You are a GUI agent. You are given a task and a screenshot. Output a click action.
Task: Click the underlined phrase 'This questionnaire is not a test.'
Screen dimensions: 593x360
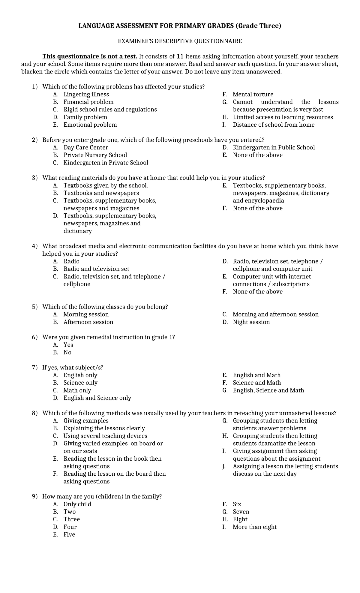90,56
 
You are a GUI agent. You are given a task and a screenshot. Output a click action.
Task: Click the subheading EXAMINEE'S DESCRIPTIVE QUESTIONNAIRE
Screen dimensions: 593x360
180,41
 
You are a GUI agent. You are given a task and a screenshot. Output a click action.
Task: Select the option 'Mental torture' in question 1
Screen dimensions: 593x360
253,94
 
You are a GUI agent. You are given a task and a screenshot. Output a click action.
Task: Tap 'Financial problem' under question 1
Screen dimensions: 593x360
88,102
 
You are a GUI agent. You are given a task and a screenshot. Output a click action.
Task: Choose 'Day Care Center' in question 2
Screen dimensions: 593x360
86,147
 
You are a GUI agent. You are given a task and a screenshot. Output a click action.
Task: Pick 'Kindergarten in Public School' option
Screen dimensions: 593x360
274,147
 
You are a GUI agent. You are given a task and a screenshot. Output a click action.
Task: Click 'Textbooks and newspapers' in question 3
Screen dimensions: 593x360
101,193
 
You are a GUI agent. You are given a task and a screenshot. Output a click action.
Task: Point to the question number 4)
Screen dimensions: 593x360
35,246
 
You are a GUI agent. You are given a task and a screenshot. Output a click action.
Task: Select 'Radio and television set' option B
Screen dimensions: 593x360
96,269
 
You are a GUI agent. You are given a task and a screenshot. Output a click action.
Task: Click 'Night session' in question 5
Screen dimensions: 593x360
251,322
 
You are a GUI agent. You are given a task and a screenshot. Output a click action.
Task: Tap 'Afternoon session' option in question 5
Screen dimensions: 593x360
88,322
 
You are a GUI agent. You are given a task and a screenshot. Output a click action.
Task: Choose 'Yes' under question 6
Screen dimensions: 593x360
68,345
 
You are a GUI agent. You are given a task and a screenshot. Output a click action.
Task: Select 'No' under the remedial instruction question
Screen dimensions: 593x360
67,352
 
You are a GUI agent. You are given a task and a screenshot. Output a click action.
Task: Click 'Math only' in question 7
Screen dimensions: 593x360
77,390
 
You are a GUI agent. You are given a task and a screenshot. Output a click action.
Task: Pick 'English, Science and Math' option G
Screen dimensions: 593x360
268,390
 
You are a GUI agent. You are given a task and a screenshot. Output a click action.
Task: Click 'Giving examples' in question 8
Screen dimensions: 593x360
86,421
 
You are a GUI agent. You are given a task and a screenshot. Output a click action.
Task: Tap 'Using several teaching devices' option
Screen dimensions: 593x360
105,436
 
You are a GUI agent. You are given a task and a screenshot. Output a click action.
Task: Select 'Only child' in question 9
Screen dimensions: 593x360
77,504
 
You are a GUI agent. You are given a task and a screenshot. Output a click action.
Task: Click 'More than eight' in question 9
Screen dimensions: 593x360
255,527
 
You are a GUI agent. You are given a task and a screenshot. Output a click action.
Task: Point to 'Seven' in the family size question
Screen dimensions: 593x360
241,512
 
